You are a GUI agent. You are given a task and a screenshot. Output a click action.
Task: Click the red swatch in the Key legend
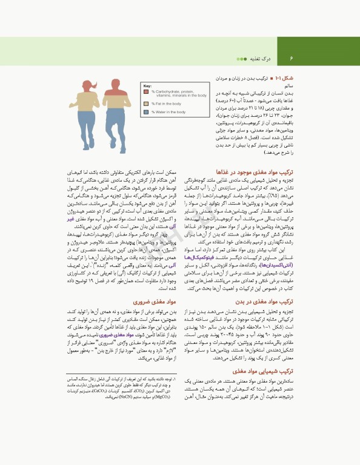click(146, 93)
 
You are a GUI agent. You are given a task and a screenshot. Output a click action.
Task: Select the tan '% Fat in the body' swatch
click(146, 104)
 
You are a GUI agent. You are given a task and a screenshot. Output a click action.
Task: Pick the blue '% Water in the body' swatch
click(146, 112)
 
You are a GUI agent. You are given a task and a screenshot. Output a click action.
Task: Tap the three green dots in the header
click(241, 59)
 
